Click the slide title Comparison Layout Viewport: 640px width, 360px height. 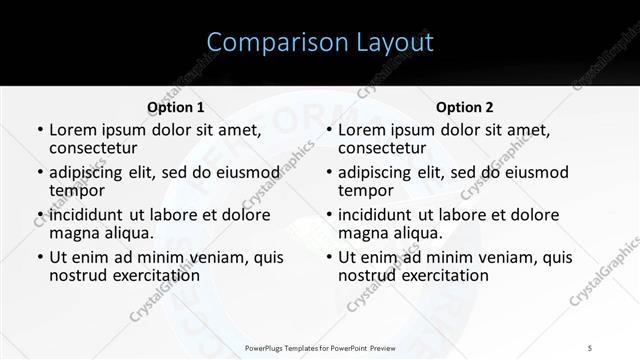pos(320,43)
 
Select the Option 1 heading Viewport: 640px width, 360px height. pos(176,107)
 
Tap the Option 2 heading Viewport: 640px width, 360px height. pos(465,107)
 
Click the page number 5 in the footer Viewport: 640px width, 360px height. pos(590,347)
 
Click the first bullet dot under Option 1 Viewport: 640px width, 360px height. pos(38,131)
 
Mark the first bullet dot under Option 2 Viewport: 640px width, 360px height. pos(327,131)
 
